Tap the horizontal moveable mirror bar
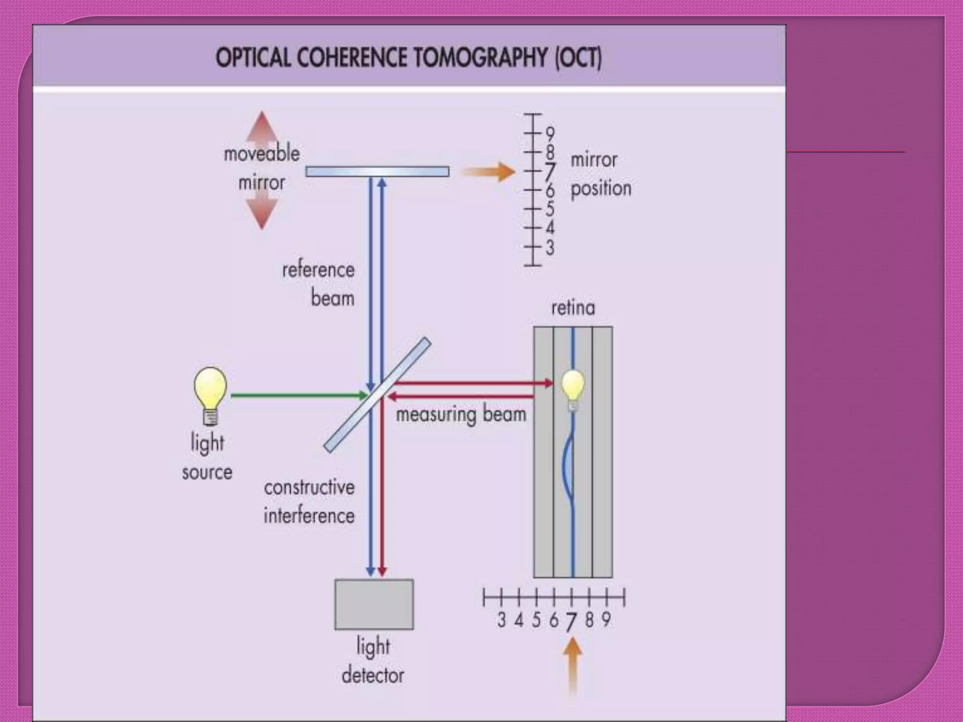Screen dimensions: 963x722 coord(377,172)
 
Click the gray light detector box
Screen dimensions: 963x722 coord(374,604)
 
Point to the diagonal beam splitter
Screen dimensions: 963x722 coord(378,395)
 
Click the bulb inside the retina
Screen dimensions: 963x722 coord(573,390)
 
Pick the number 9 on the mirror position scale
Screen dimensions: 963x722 coord(550,134)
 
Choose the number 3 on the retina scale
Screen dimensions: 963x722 coord(501,620)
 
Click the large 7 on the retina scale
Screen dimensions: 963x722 coord(571,622)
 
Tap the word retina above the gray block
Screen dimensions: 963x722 coord(573,308)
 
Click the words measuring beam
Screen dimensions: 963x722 coord(460,415)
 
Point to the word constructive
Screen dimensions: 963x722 coord(309,487)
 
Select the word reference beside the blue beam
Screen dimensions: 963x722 coord(318,270)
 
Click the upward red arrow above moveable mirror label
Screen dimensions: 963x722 coord(262,127)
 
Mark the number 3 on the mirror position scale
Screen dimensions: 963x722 coord(550,248)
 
